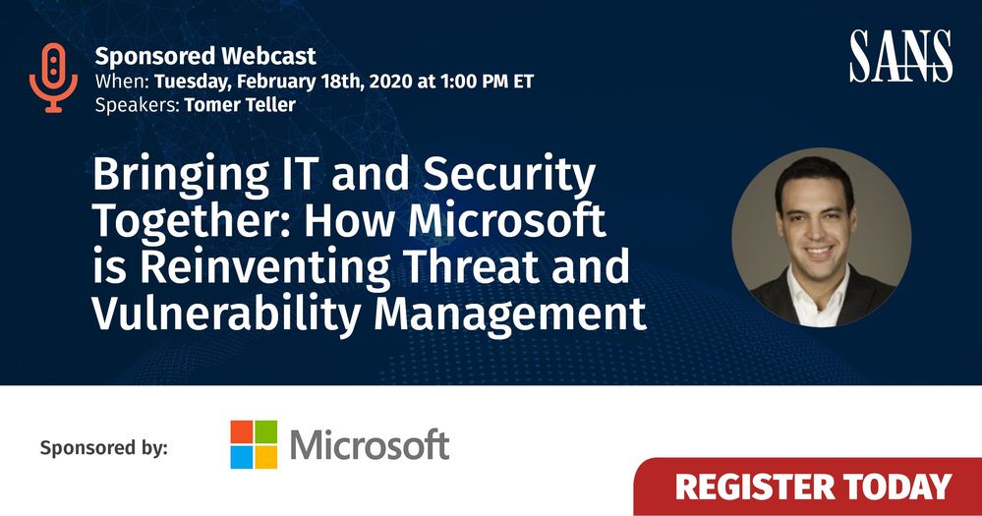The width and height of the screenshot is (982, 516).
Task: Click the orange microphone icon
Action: (x=54, y=78)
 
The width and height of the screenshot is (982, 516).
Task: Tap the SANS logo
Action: (x=900, y=56)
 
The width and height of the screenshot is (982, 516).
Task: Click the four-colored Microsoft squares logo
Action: (x=254, y=444)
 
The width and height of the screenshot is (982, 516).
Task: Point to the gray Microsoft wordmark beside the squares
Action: (x=370, y=444)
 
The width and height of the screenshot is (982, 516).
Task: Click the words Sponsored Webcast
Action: (x=205, y=56)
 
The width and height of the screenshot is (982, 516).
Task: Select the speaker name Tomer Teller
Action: (x=240, y=104)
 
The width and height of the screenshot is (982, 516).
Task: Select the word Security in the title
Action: (x=508, y=175)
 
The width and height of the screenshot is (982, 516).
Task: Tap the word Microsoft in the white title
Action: (x=507, y=220)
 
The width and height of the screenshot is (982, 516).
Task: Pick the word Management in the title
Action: (x=510, y=313)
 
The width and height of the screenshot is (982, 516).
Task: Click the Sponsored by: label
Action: (x=104, y=448)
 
